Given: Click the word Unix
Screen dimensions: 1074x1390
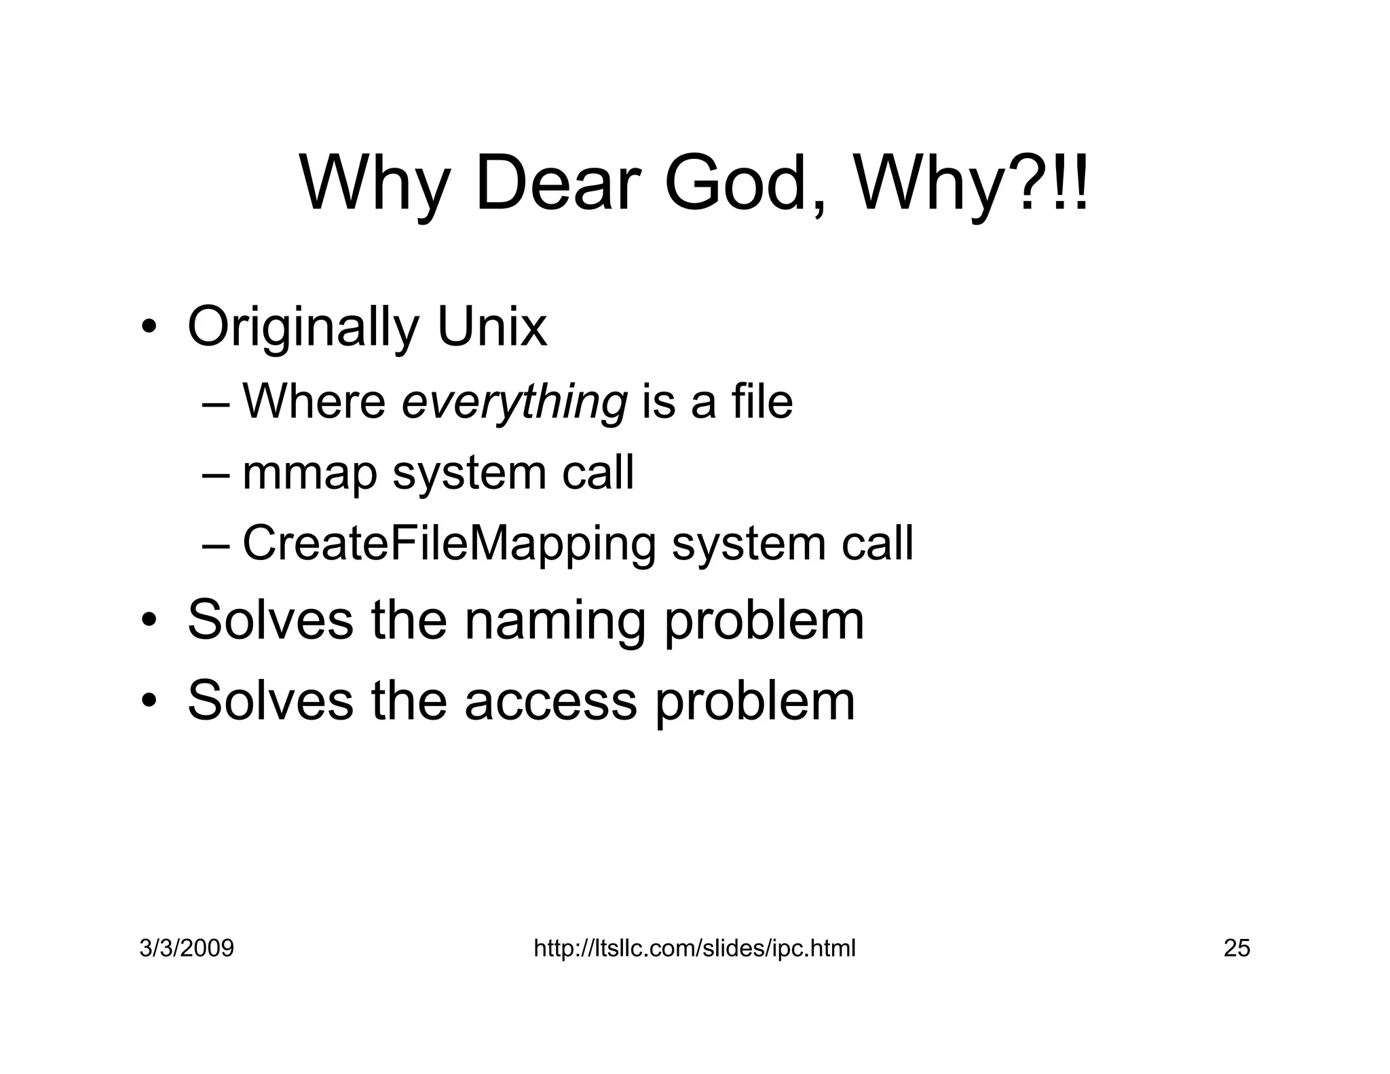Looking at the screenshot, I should (491, 327).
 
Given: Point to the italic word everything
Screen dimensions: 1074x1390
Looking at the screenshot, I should (514, 403).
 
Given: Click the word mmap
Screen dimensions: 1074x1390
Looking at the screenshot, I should (309, 475).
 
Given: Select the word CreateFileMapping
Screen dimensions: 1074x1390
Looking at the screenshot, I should (449, 544).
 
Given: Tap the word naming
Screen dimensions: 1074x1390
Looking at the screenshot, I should (555, 621).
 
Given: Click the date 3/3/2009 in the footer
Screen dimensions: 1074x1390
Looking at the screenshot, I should (187, 948).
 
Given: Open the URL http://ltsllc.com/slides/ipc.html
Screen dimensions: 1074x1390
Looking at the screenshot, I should (694, 948).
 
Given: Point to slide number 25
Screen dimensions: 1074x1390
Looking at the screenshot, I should (1237, 948).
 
